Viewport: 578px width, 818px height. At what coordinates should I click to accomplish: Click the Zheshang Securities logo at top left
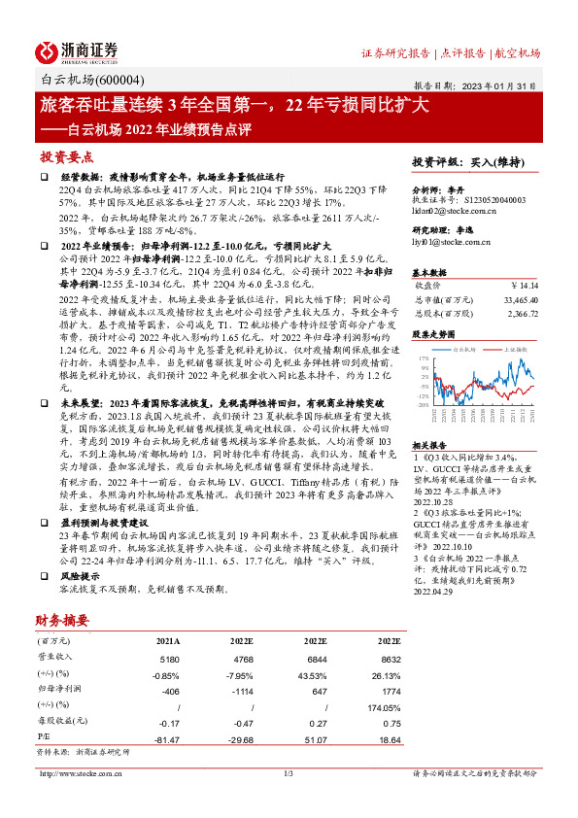pos(78,51)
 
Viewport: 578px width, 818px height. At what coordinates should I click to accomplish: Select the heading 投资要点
pos(66,156)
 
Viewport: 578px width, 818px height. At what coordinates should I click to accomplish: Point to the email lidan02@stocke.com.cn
pos(455,210)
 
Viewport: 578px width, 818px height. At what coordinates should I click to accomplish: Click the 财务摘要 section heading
pos(62,620)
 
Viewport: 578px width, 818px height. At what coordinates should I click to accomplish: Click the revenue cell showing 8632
pos(388,658)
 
